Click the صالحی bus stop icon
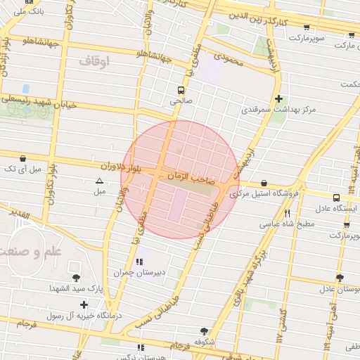pyautogui.click(x=181, y=90)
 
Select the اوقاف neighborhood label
pyautogui.click(x=94, y=62)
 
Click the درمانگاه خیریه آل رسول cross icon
pyautogui.click(x=84, y=304)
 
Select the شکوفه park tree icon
pyautogui.click(x=204, y=330)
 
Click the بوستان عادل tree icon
pyautogui.click(x=340, y=278)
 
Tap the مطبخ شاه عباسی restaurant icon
pyautogui.click(x=287, y=213)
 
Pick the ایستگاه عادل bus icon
pyautogui.click(x=336, y=198)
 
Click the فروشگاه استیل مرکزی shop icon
pyautogui.click(x=264, y=183)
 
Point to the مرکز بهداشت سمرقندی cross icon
pyautogui.click(x=279, y=99)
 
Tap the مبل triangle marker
pyautogui.click(x=99, y=181)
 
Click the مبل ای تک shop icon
pyautogui.click(x=24, y=158)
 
